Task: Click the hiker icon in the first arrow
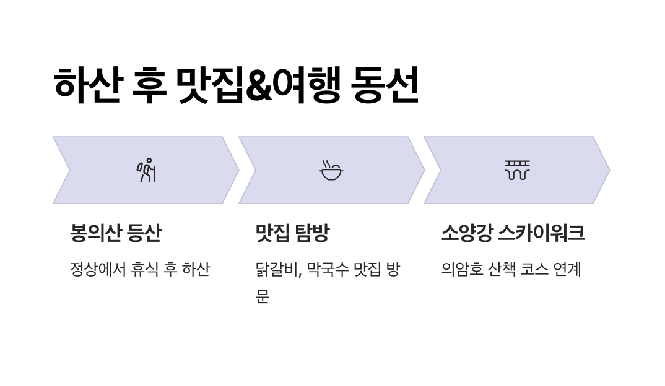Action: pos(146,170)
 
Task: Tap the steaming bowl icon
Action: pos(331,170)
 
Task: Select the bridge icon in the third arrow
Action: pos(516,170)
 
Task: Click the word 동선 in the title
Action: pos(385,85)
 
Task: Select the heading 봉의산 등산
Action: pos(116,233)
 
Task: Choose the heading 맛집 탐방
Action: pos(292,233)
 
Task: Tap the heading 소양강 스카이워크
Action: pos(513,233)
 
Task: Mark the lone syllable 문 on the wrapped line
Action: pos(263,296)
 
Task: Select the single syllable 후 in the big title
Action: pos(149,85)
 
